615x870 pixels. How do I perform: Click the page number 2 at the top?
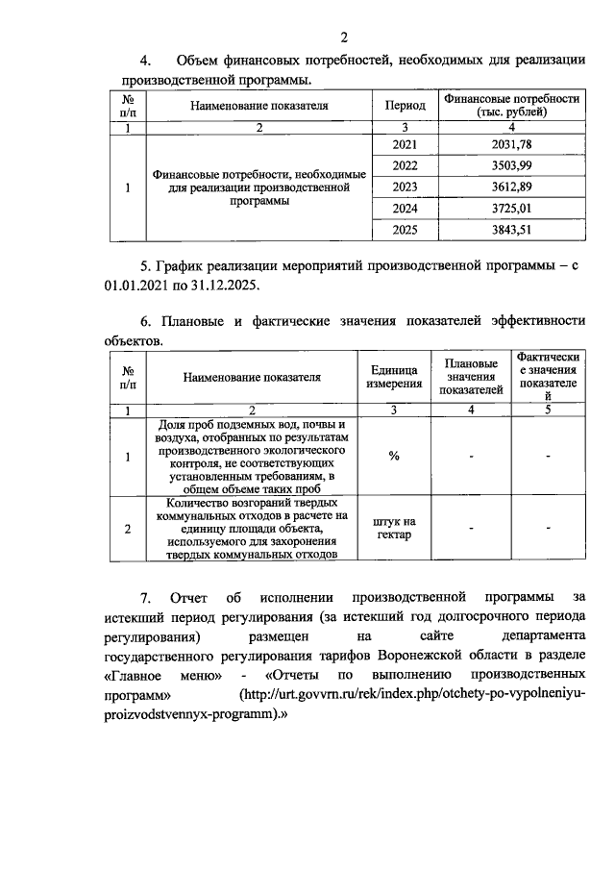345,37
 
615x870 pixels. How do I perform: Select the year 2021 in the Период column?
406,144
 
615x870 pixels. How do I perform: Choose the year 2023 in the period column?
406,186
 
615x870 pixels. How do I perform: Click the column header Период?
406,106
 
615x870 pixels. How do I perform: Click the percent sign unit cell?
394,456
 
